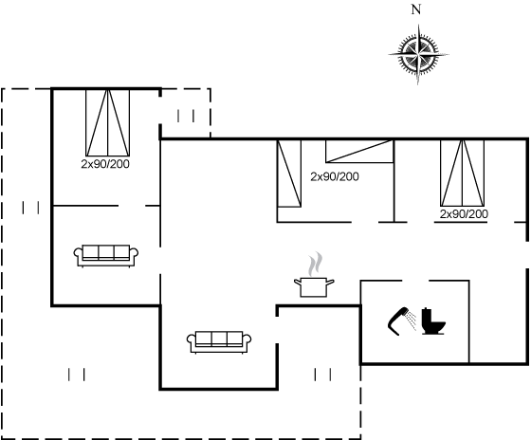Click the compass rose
[x=418, y=54]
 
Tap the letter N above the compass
[x=416, y=9]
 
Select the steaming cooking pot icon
[x=314, y=275]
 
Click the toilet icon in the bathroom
[x=433, y=321]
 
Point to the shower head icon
[x=402, y=321]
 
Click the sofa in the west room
[x=106, y=255]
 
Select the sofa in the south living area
[x=219, y=342]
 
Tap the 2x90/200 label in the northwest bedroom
[x=105, y=164]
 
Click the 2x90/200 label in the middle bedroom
[x=335, y=176]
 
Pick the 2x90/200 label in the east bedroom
[x=464, y=214]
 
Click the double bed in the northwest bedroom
[x=108, y=122]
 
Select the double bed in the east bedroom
[x=463, y=173]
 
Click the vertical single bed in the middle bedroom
[x=289, y=174]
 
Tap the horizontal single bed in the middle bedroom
[x=359, y=151]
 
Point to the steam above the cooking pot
[x=315, y=264]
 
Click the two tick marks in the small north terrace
[x=186, y=116]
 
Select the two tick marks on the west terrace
[x=30, y=208]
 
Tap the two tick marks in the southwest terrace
[x=77, y=375]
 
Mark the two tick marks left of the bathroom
[x=322, y=375]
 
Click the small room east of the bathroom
[x=498, y=321]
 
